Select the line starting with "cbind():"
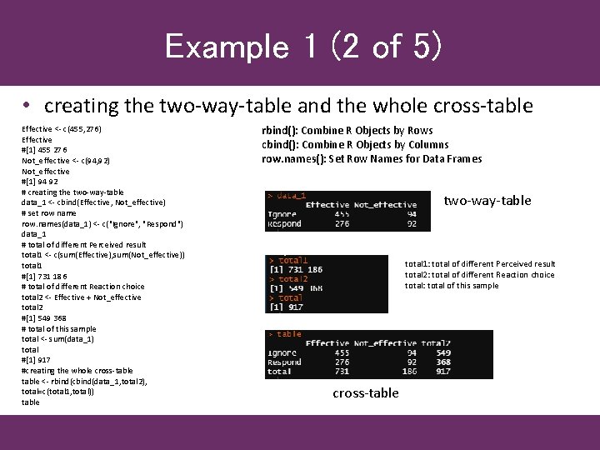(355, 144)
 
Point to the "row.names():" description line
(372, 158)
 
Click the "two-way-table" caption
(487, 200)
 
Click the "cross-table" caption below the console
(365, 392)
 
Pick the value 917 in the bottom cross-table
(442, 371)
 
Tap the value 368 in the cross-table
(442, 362)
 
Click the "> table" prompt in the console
(284, 334)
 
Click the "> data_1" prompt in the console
(286, 195)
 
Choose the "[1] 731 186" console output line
(296, 270)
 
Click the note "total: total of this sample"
(452, 286)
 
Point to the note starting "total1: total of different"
(480, 264)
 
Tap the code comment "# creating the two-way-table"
(72, 192)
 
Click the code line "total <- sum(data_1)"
(58, 339)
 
